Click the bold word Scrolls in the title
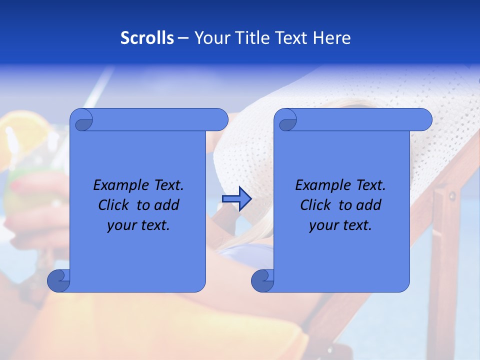[147, 37]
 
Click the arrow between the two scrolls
[236, 199]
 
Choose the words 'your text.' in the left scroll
[138, 225]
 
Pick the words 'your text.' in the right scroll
[340, 225]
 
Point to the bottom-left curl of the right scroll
[263, 281]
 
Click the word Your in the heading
[212, 37]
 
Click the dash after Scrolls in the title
[183, 38]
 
